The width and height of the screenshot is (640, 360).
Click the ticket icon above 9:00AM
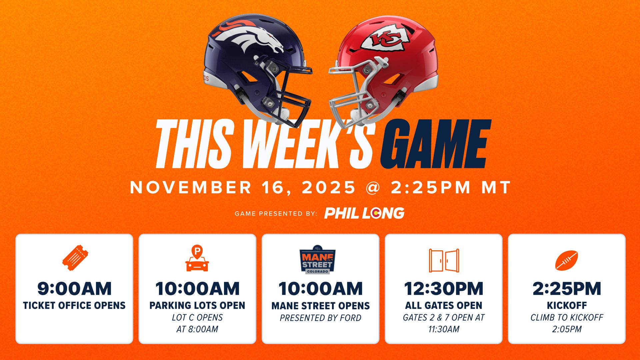[x=75, y=258]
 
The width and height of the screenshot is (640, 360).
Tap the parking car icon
[x=197, y=259]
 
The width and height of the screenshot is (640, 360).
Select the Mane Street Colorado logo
[x=317, y=260]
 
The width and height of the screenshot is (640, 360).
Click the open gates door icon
[x=444, y=260]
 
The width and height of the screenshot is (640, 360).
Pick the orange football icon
[x=566, y=260]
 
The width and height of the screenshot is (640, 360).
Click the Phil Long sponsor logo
[x=364, y=213]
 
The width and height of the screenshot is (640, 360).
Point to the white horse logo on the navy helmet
[x=248, y=37]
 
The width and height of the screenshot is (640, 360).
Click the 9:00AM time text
[x=74, y=289]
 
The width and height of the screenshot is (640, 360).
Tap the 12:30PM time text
[x=444, y=289]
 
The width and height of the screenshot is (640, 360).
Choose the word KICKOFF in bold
[x=567, y=305]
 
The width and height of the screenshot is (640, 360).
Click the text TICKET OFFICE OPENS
[x=74, y=305]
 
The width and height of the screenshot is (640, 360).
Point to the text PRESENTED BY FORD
[x=320, y=318]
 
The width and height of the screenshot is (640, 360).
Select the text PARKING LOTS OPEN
[x=197, y=305]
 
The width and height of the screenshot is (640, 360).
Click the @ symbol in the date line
[x=373, y=187]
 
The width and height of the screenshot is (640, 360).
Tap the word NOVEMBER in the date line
[x=191, y=187]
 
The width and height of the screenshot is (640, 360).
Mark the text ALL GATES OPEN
[x=444, y=305]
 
